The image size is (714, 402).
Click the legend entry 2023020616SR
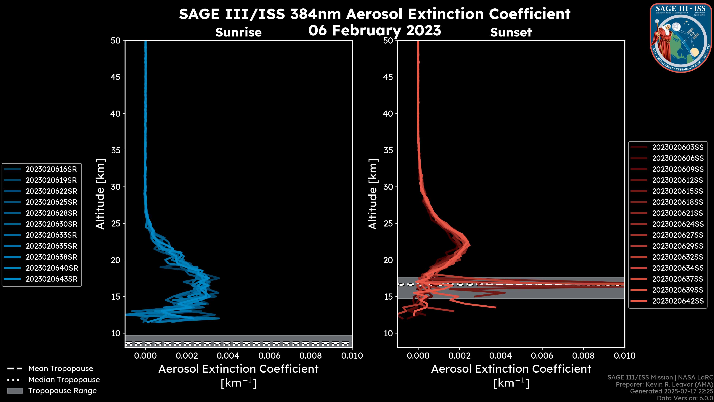coord(51,169)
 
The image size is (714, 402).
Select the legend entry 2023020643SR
coord(52,279)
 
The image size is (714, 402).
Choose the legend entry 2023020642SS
coord(678,301)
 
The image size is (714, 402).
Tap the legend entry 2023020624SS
coord(678,224)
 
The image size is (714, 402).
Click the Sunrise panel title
coord(238,32)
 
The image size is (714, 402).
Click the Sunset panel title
coord(511,32)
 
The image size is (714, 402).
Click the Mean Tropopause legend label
coord(61,369)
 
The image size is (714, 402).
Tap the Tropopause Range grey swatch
coord(15,391)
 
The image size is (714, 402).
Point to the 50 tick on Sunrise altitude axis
coord(116,41)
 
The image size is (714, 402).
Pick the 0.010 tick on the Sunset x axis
coord(625,356)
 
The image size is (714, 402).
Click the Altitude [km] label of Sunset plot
coord(373,194)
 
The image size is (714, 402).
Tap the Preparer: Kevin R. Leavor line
coord(664,385)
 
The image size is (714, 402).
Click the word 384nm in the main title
coord(315,14)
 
